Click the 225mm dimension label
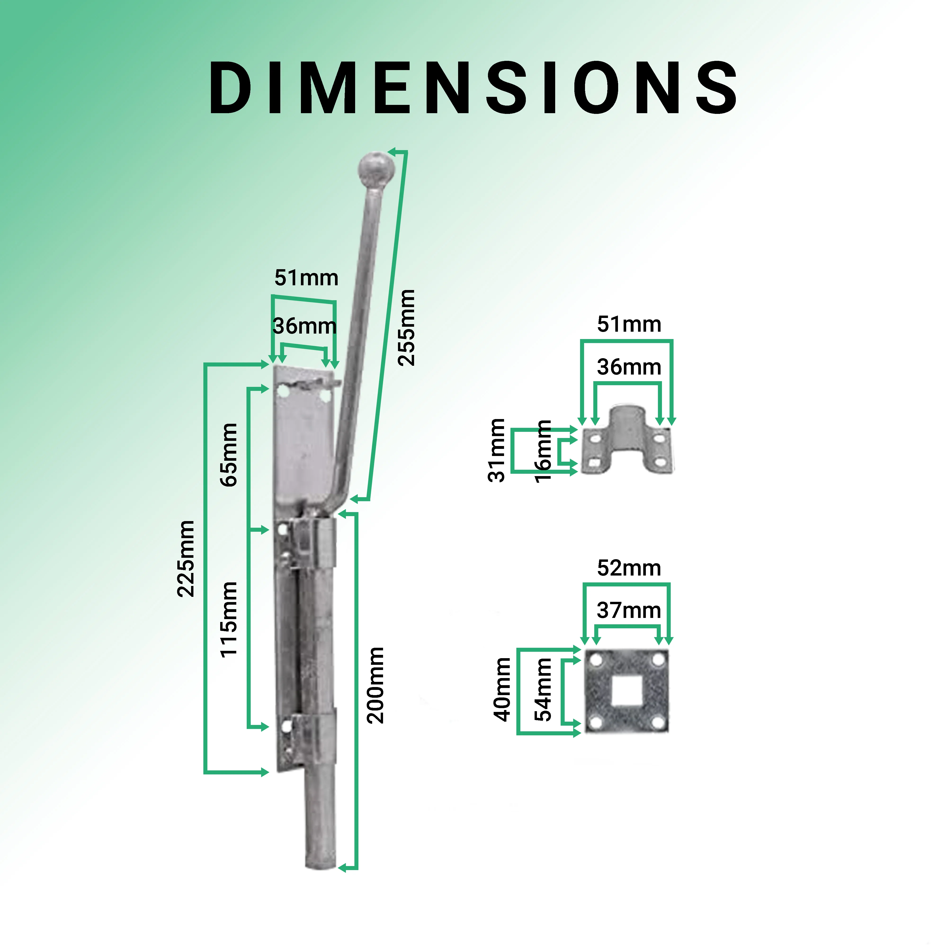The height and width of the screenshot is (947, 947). pyautogui.click(x=186, y=559)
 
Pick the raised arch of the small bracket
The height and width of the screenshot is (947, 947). pyautogui.click(x=627, y=417)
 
